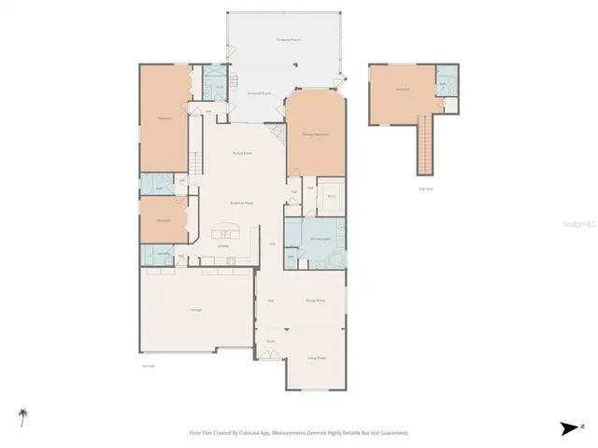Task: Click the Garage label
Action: click(197, 310)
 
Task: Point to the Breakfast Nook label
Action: click(242, 203)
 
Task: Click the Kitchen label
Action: click(224, 245)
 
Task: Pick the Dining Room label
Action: click(315, 301)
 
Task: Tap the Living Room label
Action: click(317, 357)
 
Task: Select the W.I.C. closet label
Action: click(332, 197)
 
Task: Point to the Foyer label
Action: click(270, 342)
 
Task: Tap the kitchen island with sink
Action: click(226, 231)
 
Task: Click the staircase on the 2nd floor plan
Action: click(426, 149)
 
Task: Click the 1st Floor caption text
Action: click(148, 365)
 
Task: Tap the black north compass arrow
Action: click(568, 427)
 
